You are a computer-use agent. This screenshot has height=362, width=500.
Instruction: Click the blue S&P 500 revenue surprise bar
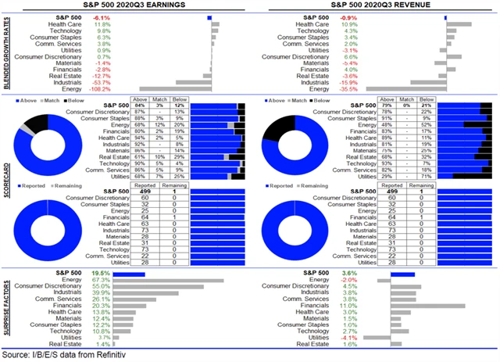click(x=402, y=274)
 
